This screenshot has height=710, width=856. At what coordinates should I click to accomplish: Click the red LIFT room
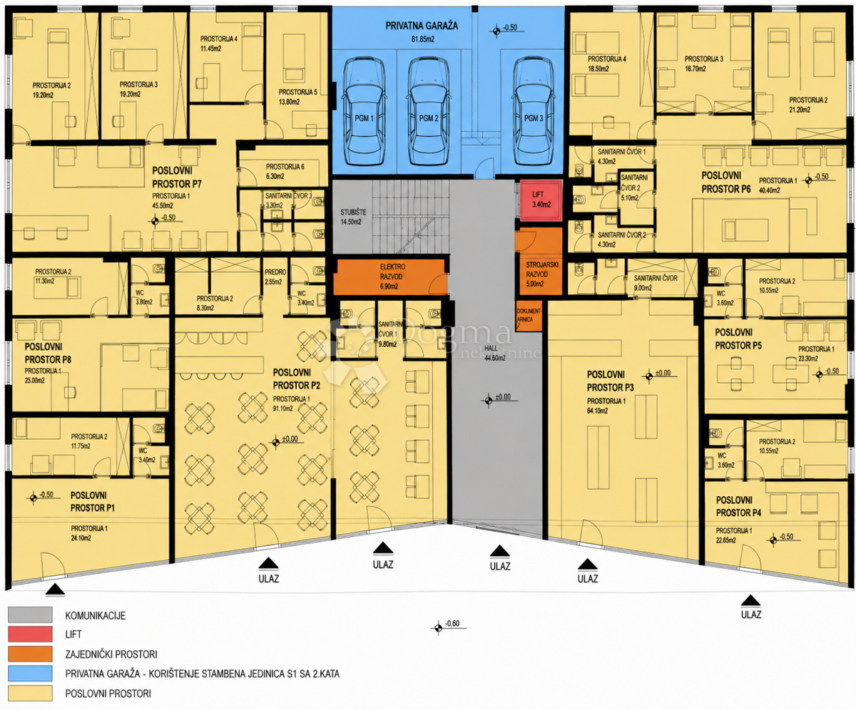(x=541, y=201)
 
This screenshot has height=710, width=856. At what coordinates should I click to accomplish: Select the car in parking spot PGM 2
(x=428, y=111)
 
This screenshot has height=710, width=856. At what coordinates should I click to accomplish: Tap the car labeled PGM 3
(x=534, y=111)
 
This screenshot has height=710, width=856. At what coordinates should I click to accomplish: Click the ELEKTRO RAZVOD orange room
(x=390, y=277)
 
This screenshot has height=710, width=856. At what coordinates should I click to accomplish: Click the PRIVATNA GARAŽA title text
(x=422, y=26)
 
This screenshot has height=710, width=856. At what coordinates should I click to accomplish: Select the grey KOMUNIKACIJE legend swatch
(x=30, y=615)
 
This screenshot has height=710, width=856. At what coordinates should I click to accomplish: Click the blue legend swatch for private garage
(x=30, y=674)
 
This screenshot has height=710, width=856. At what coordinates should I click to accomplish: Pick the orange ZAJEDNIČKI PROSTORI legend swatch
(x=30, y=654)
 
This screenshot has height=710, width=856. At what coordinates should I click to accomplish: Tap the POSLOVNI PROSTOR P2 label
(x=297, y=379)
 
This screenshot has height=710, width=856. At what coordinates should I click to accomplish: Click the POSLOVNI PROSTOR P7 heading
(x=177, y=177)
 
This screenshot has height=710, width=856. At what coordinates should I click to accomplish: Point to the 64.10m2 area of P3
(x=597, y=411)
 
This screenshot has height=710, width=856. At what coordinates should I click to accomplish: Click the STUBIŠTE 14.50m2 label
(x=351, y=217)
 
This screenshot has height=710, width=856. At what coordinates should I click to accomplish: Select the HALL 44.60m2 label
(x=495, y=353)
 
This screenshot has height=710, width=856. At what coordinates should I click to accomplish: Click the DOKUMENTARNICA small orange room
(x=529, y=316)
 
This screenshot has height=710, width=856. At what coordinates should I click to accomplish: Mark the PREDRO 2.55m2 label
(x=275, y=277)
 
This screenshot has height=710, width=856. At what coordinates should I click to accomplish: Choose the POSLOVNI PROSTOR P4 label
(x=738, y=506)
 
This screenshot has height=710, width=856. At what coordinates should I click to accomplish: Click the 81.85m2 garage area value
(x=423, y=39)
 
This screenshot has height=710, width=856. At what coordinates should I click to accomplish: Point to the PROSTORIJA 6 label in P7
(x=285, y=172)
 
